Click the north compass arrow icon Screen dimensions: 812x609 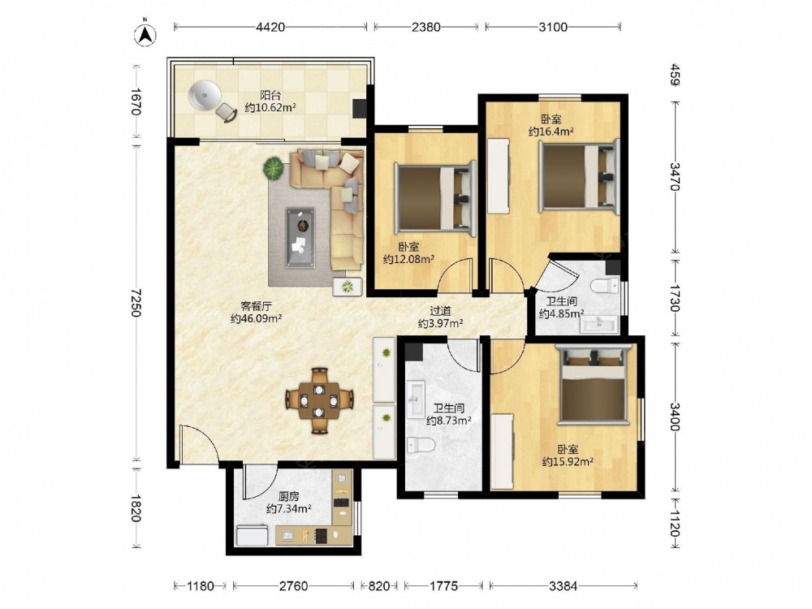145,34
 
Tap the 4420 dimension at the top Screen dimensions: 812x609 270,27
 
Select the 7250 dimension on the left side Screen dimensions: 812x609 136,302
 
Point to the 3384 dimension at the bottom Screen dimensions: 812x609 563,585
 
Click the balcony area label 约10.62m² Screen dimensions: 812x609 270,108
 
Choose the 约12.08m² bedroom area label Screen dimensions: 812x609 408,259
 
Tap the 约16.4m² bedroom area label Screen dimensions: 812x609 551,132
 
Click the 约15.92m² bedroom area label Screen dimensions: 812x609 568,461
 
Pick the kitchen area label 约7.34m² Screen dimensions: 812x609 288,508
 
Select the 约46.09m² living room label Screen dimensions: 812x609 256,318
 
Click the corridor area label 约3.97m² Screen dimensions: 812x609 440,324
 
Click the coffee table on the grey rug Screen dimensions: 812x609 300,238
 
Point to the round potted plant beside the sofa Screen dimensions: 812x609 274,168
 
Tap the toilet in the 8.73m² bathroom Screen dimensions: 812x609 421,445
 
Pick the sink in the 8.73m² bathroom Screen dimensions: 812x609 415,400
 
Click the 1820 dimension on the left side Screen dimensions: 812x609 136,508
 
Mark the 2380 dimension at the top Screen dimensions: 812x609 425,27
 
